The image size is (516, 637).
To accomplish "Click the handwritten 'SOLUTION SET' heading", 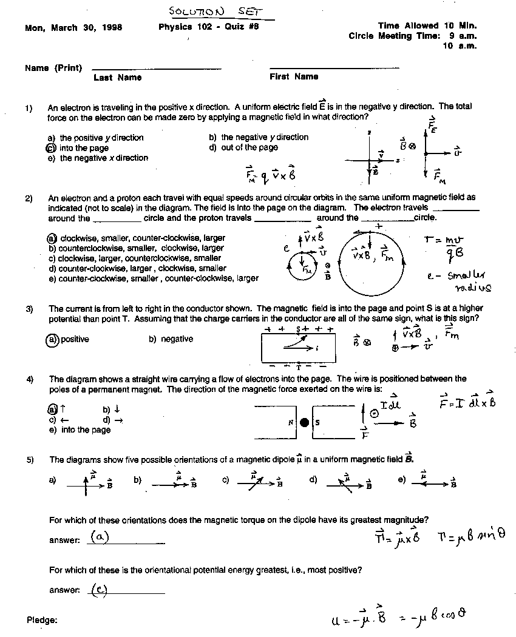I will click(x=213, y=12).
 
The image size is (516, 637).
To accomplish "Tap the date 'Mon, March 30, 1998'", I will click(x=73, y=27).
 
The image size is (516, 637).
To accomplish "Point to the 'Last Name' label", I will click(x=117, y=77).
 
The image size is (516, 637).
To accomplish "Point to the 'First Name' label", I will click(x=294, y=76).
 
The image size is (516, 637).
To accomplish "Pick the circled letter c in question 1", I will click(x=51, y=147).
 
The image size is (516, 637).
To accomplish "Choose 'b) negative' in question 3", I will click(x=171, y=339).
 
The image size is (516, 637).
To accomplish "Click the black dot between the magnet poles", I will click(x=305, y=422).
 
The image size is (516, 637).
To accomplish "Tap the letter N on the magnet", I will click(x=291, y=423).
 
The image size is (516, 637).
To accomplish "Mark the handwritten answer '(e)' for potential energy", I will click(x=100, y=588).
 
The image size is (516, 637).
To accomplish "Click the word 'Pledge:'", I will click(x=42, y=620).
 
